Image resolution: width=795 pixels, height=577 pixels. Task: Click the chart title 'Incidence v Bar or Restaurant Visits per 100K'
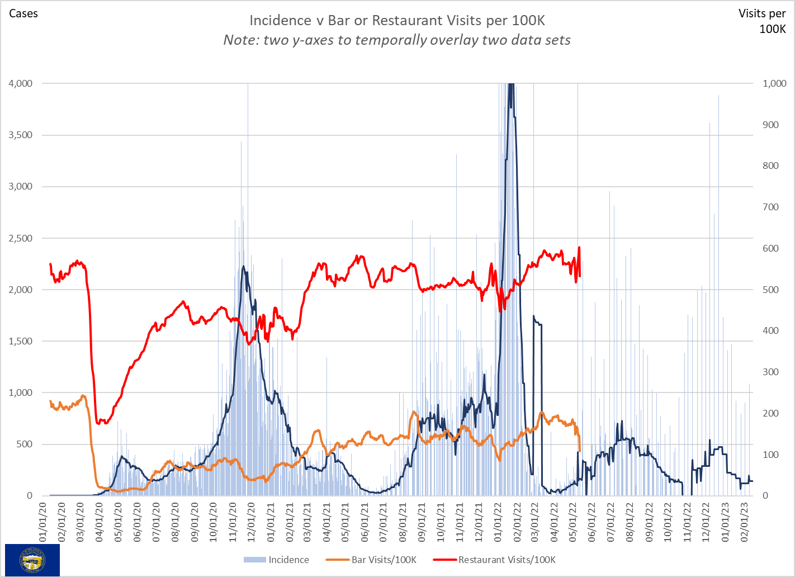click(397, 21)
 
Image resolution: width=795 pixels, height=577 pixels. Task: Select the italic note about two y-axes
click(397, 40)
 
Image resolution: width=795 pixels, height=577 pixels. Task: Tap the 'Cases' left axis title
click(23, 13)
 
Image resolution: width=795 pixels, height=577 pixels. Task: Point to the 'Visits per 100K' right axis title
click(763, 21)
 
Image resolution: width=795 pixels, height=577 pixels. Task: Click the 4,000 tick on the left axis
click(21, 83)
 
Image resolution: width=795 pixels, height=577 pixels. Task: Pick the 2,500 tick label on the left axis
click(21, 238)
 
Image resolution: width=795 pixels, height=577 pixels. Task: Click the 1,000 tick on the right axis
click(774, 83)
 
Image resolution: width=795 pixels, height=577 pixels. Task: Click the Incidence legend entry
click(277, 560)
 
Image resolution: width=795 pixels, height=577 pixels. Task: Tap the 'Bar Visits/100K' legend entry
click(377, 560)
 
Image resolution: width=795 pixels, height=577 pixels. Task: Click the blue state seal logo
click(32, 560)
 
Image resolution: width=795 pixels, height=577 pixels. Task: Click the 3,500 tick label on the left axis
click(21, 135)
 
